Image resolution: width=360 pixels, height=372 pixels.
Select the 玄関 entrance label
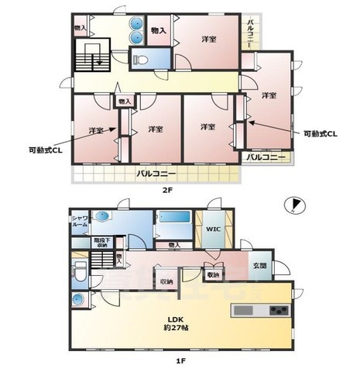[x=259, y=266]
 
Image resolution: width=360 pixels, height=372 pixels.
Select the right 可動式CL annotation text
[x=320, y=133]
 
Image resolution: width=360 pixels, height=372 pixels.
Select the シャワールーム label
[x=81, y=222]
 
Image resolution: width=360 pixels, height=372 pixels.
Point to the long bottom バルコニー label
[x=155, y=173]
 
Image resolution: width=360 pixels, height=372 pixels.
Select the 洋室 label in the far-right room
[x=269, y=95]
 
